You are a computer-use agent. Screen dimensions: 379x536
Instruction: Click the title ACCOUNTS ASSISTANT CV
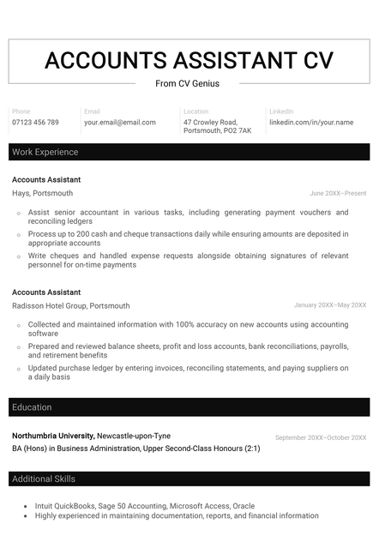[189, 60]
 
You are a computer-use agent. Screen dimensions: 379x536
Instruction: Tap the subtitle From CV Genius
[187, 83]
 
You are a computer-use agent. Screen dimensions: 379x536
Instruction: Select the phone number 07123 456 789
[35, 123]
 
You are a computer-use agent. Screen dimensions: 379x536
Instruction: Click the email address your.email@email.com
[120, 123]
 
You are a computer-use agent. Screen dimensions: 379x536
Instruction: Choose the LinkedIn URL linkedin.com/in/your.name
[310, 123]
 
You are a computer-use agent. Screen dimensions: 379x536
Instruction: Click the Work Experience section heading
[45, 152]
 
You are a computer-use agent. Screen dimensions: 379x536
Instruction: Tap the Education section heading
[32, 407]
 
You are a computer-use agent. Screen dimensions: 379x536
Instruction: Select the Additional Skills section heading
[44, 479]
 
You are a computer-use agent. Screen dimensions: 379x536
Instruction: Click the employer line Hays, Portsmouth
[42, 193]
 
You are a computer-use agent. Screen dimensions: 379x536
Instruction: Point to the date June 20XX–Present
[338, 194]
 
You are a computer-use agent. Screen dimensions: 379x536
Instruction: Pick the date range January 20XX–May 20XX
[329, 305]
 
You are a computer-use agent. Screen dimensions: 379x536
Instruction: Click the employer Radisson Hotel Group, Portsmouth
[70, 305]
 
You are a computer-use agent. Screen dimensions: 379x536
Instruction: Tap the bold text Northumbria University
[53, 436]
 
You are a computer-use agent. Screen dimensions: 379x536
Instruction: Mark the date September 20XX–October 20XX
[320, 437]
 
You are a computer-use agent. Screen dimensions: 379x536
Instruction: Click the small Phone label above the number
[21, 111]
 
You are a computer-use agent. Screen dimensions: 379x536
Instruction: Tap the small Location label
[196, 111]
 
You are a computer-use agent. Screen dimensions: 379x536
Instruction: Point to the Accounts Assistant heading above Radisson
[46, 292]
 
